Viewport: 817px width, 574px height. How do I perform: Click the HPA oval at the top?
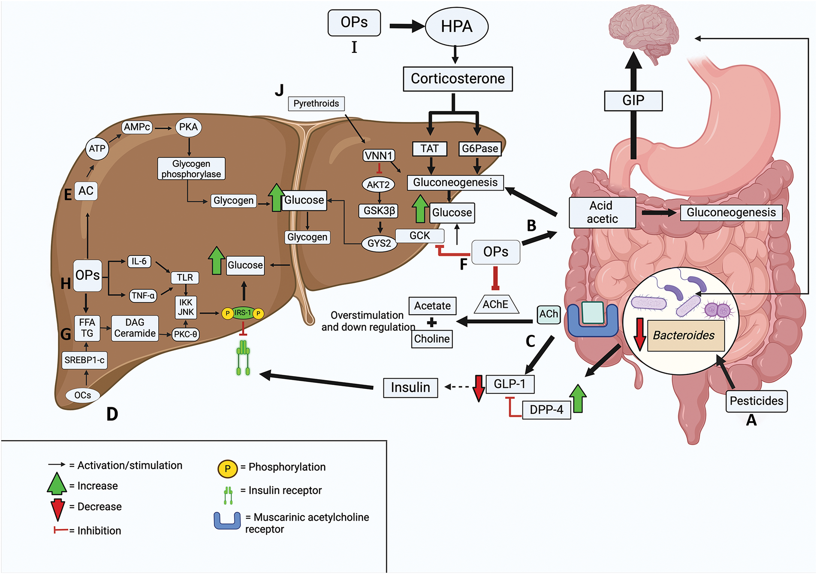tap(456, 26)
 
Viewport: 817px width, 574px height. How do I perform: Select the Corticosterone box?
tap(458, 79)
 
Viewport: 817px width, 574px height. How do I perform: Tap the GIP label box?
tap(633, 100)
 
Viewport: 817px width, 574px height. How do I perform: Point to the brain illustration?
tap(643, 32)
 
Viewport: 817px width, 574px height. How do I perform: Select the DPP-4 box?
tap(546, 410)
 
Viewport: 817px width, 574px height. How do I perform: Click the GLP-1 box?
tap(509, 383)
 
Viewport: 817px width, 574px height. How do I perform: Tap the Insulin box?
tap(410, 387)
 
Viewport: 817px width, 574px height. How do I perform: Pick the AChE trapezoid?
tap(496, 304)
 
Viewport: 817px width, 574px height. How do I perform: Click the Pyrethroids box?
tap(316, 103)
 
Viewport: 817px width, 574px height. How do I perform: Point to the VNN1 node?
tap(379, 155)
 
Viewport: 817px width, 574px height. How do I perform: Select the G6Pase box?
tap(480, 149)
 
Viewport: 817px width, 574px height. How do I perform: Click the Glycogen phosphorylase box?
tap(191, 169)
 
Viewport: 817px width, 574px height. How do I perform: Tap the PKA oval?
tap(188, 127)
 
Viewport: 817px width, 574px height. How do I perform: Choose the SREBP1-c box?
tap(84, 360)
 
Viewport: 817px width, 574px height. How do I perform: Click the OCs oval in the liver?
tap(82, 395)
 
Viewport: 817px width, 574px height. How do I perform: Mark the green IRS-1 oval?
tap(243, 313)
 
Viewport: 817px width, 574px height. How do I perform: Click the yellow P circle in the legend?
tap(227, 468)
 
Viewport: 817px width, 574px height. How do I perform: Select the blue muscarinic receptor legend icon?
tap(227, 521)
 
